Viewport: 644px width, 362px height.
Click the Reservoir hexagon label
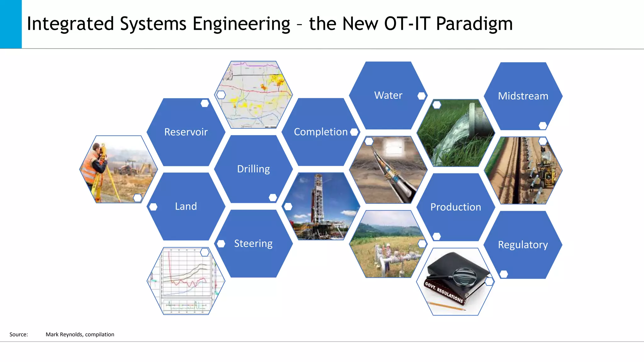[186, 132]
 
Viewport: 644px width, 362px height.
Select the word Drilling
[253, 169]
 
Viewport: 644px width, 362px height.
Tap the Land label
[186, 206]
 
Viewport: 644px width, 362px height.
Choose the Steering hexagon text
[253, 244]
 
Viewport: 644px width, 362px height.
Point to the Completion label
[320, 132]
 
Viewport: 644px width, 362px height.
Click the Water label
[388, 95]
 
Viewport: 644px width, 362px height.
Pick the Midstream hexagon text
[523, 96]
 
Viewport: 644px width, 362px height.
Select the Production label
[455, 207]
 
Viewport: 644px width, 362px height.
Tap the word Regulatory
[523, 245]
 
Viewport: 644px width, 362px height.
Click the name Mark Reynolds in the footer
[64, 334]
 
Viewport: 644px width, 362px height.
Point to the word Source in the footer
[18, 334]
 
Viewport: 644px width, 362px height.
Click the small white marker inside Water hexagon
[421, 96]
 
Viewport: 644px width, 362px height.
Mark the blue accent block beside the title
[11, 24]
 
